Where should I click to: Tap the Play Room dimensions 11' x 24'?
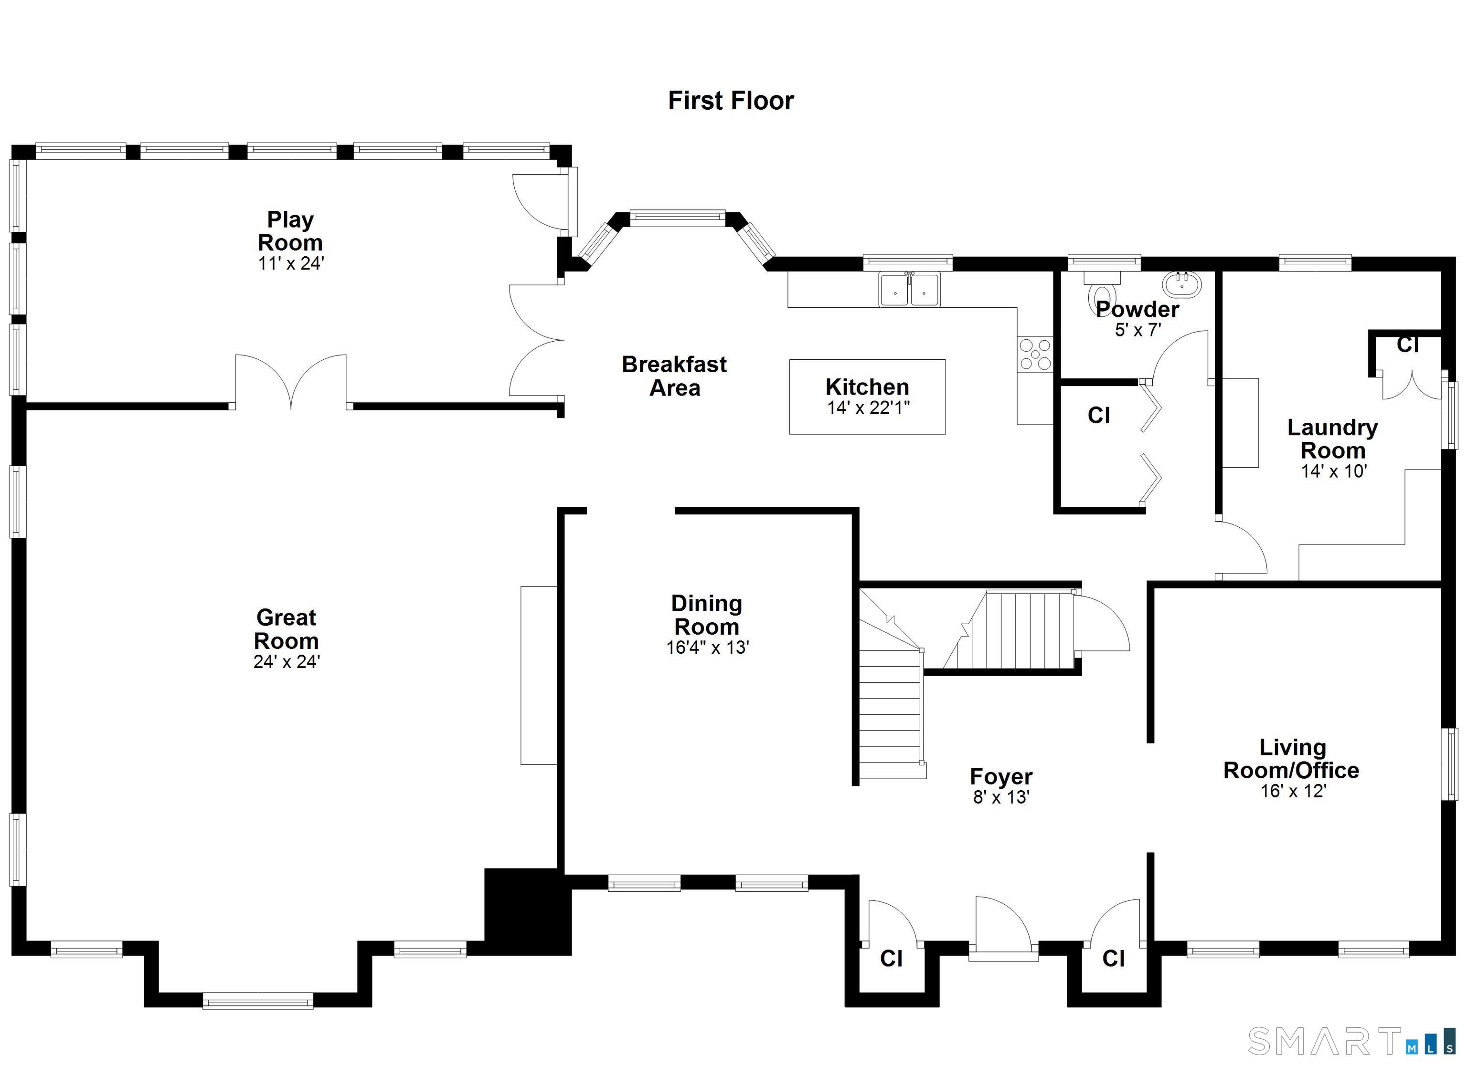tap(290, 264)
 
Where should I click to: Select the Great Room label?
tap(286, 628)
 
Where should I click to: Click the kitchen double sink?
tap(909, 290)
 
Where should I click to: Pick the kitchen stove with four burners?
tap(1035, 354)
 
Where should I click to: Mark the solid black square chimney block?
tap(527, 911)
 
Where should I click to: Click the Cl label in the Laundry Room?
tap(1407, 345)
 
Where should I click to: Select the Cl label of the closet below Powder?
tap(1098, 415)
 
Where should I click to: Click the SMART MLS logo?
tap(1352, 1041)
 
